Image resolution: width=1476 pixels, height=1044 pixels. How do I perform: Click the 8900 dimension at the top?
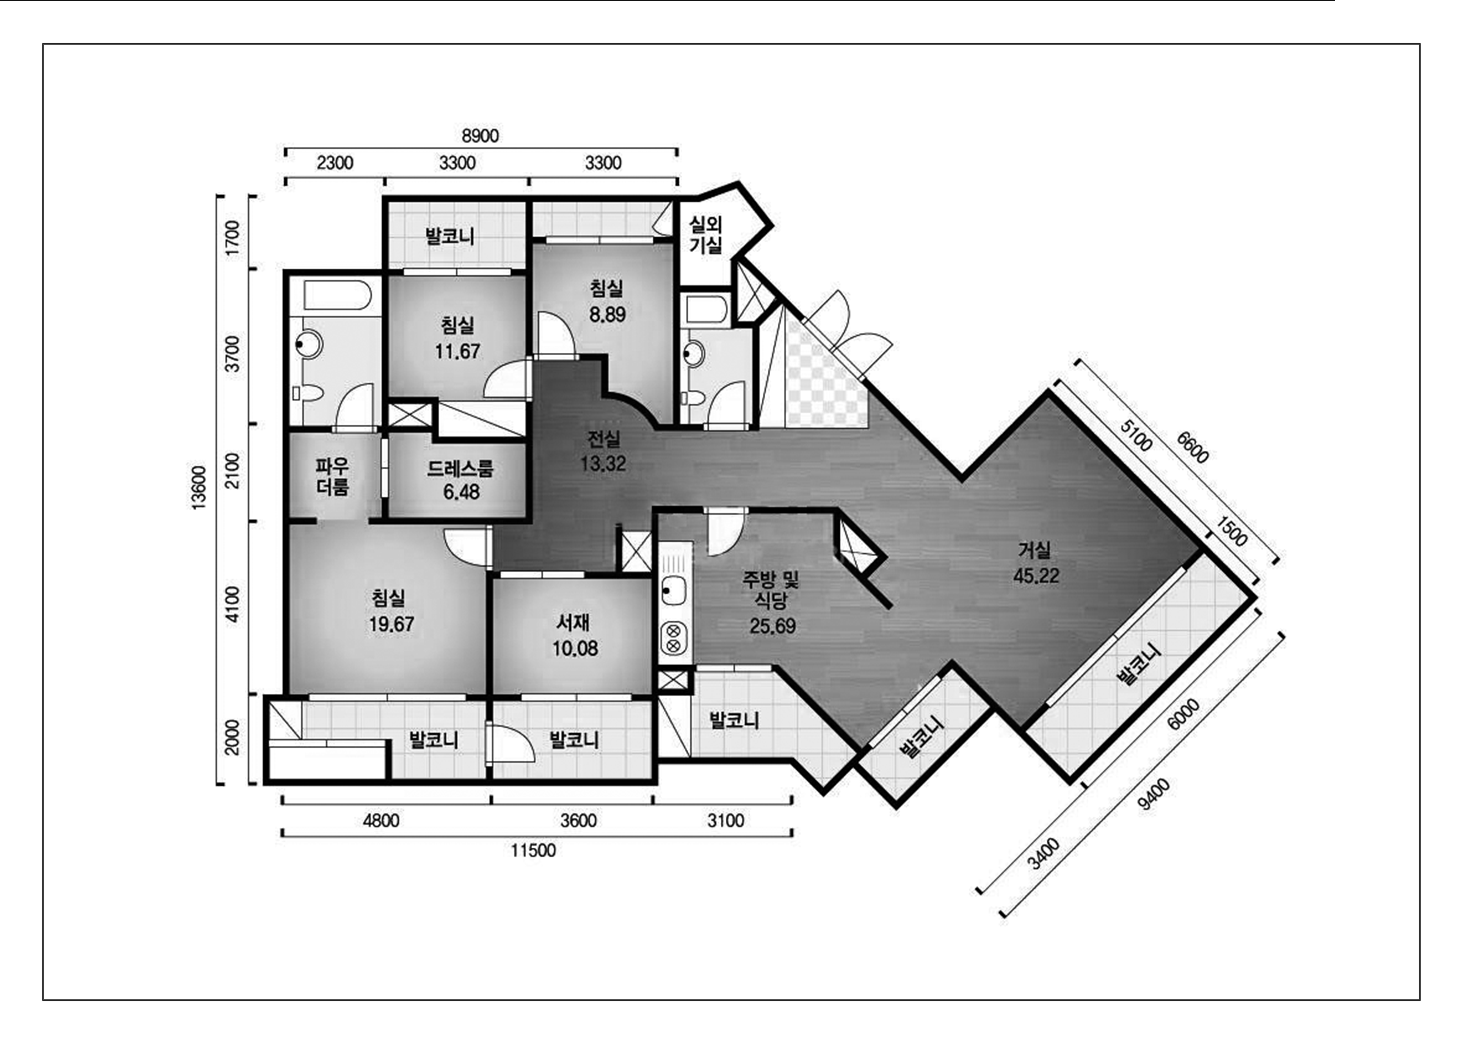(480, 136)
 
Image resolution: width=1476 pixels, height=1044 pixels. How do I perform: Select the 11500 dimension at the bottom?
(533, 850)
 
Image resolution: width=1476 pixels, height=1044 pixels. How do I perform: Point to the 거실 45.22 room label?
(1036, 563)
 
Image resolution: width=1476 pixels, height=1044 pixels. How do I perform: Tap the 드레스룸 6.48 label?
(460, 480)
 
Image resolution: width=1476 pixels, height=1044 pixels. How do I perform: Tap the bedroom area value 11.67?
(457, 351)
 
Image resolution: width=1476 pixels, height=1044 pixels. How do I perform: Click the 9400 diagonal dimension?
(1153, 794)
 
